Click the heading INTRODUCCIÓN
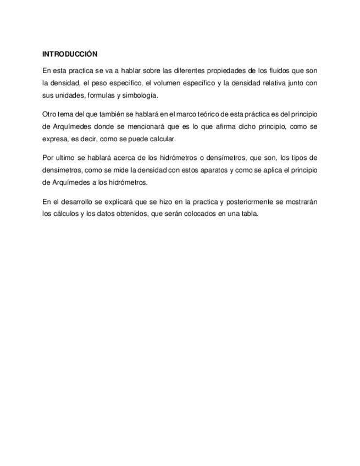[70, 54]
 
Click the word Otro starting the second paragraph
[49, 114]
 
